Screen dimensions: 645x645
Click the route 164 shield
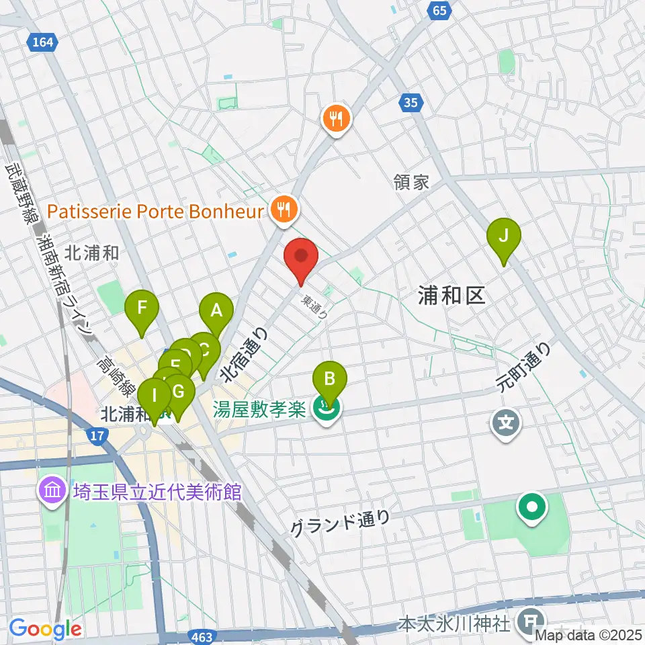point(42,42)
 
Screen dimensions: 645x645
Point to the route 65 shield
point(439,10)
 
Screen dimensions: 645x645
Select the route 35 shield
point(411,102)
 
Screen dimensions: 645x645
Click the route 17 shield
point(97,437)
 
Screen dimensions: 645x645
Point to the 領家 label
point(411,182)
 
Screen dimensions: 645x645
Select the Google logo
point(45,630)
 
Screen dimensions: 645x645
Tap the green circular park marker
point(533,508)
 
